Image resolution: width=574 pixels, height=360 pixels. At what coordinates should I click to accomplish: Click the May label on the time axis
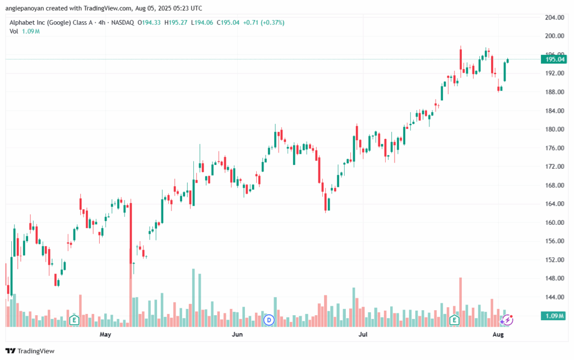coord(105,335)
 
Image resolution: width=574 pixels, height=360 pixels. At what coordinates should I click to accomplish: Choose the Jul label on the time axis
coord(363,335)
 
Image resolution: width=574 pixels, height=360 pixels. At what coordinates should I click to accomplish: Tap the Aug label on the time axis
coord(498,335)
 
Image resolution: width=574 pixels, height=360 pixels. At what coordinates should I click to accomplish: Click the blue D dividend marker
coord(269,320)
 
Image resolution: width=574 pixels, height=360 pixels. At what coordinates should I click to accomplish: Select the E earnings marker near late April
coord(73,320)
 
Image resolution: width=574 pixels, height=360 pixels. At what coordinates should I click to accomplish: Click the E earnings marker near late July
coord(455,320)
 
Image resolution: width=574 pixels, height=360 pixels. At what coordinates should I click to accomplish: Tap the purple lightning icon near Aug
coord(507,320)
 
